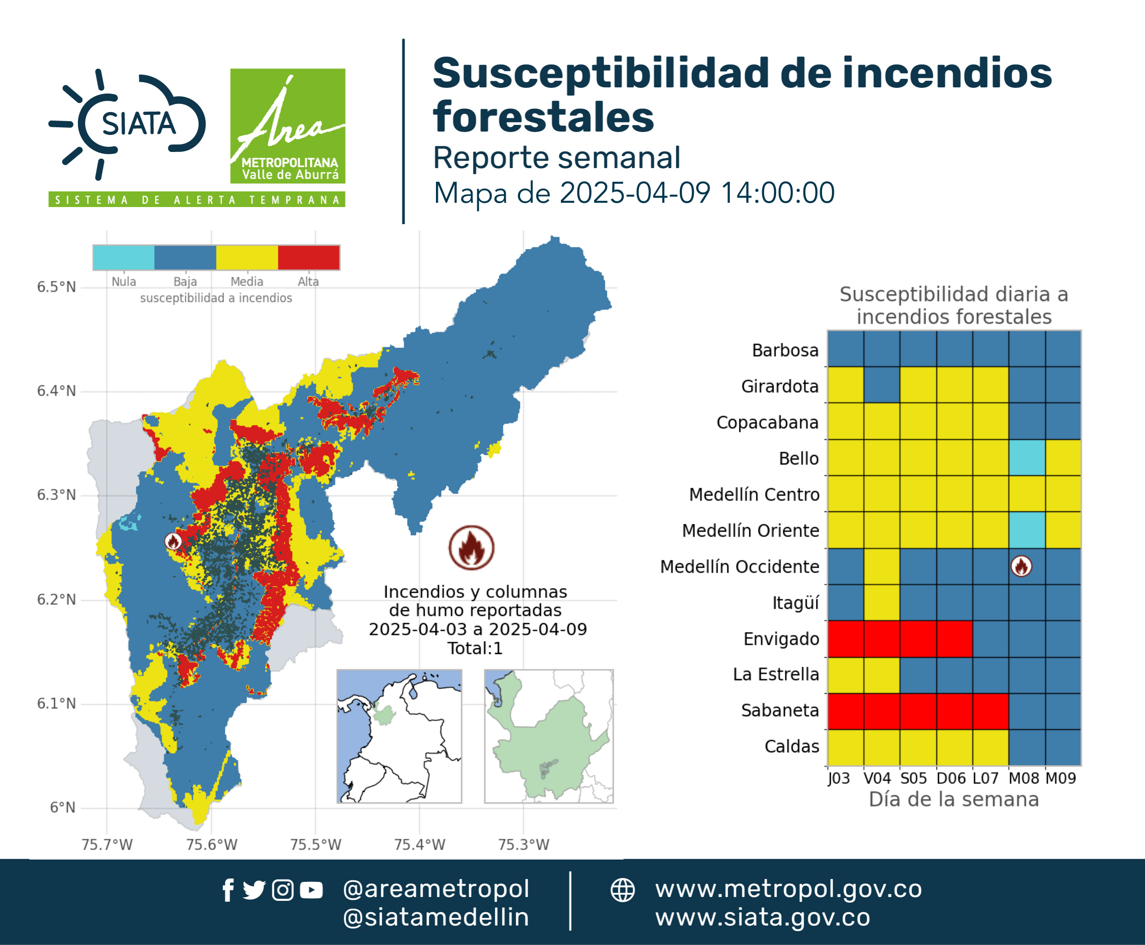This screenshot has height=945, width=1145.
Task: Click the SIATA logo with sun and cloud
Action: coord(127,124)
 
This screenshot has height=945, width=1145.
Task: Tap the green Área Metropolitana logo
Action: coord(287,126)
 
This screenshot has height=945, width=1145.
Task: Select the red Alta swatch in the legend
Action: coord(309,257)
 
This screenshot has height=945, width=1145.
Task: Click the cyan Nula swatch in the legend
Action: coord(123,257)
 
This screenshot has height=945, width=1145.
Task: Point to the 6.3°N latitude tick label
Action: coord(56,495)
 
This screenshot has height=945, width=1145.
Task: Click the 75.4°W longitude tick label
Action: coord(420,844)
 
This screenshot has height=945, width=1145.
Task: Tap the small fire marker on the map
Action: coord(173,541)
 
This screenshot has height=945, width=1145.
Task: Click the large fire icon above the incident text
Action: coord(472,548)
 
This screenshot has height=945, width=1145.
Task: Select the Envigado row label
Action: coord(781,639)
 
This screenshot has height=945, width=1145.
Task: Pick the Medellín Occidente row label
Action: coord(739,567)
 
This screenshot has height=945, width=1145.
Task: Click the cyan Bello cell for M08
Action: coord(1027,458)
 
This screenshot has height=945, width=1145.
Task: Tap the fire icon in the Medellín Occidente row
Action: coord(1022,566)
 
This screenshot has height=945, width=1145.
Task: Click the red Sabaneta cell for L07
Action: coord(990,711)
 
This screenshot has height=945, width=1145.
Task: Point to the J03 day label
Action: coord(839,778)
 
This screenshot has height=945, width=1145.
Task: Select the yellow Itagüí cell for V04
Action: coord(882,603)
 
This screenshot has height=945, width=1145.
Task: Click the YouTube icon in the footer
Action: coord(311,890)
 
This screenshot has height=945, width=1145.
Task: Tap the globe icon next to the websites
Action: coord(622,890)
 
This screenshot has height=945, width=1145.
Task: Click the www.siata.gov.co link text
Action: coord(762,917)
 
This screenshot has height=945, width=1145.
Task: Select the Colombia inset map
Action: coord(399,737)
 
